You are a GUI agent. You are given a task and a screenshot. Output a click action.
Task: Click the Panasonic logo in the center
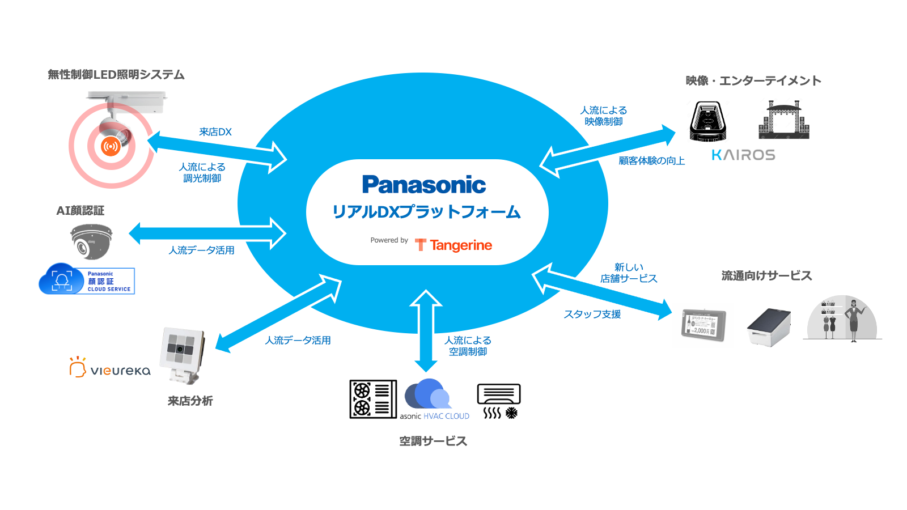424,185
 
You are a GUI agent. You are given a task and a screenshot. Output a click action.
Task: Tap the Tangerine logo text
460,245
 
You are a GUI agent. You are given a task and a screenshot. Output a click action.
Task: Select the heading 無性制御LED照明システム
116,75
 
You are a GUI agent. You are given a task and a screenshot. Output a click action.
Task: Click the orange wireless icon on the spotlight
111,146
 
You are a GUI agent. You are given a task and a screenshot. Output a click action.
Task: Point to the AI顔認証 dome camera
91,241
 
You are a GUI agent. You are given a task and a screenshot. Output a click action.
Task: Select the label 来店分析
190,401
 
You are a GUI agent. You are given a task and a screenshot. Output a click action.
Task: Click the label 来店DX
215,132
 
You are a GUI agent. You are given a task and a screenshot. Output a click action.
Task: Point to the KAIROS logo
743,155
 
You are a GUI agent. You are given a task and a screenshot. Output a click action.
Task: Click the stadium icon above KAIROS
708,121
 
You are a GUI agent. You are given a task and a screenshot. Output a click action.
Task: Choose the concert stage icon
783,120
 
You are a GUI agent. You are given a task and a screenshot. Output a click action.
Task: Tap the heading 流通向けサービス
766,276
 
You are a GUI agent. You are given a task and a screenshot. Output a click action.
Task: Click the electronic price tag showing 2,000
703,325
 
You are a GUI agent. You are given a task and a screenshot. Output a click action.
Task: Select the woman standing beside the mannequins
854,320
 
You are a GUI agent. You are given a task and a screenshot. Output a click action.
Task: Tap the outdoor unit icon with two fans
372,399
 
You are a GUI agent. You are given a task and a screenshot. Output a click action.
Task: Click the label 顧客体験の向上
651,161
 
